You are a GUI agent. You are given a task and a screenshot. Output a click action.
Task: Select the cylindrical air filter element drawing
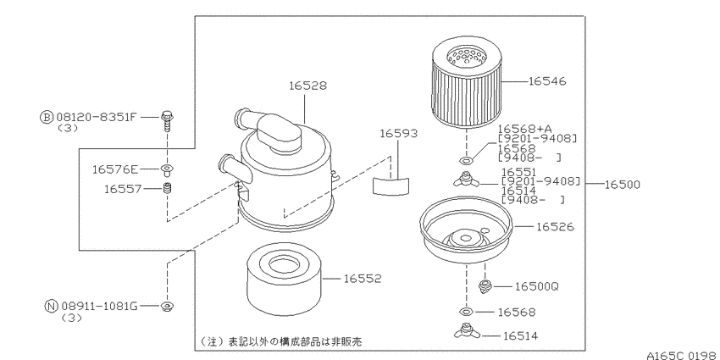[x=466, y=83]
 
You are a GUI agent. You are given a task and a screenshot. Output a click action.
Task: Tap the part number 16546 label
[x=547, y=81]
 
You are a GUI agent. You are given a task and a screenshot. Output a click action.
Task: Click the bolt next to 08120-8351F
[x=167, y=119]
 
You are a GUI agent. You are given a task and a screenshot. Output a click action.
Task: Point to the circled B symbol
[x=46, y=116]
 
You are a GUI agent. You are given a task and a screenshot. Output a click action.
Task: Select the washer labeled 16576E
[x=167, y=169]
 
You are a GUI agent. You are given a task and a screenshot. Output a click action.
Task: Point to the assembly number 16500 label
[x=620, y=183]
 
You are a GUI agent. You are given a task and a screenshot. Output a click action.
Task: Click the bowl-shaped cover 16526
[x=466, y=232]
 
